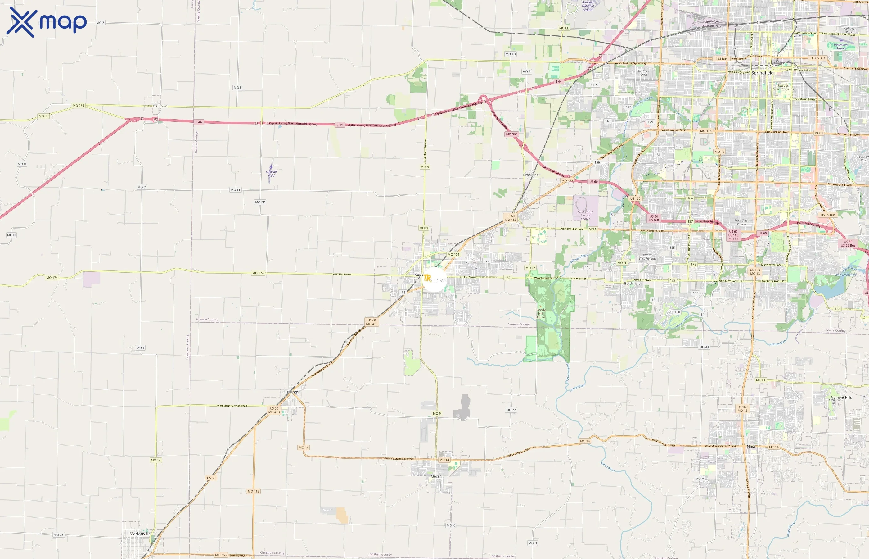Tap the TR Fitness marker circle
point(434,279)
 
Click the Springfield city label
point(762,73)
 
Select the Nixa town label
point(751,447)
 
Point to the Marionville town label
point(140,534)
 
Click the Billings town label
point(293,392)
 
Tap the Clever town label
point(436,476)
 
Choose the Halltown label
point(160,106)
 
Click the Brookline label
point(531,175)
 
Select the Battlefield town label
point(632,284)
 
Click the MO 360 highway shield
point(512,134)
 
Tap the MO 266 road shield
point(78,106)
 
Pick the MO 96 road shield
point(43,116)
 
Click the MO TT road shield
point(235,190)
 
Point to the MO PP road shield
point(260,202)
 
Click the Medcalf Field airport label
point(271,174)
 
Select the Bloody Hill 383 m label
point(540,313)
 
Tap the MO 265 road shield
point(221,555)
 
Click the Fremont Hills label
point(841,398)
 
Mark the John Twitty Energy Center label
point(585,215)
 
